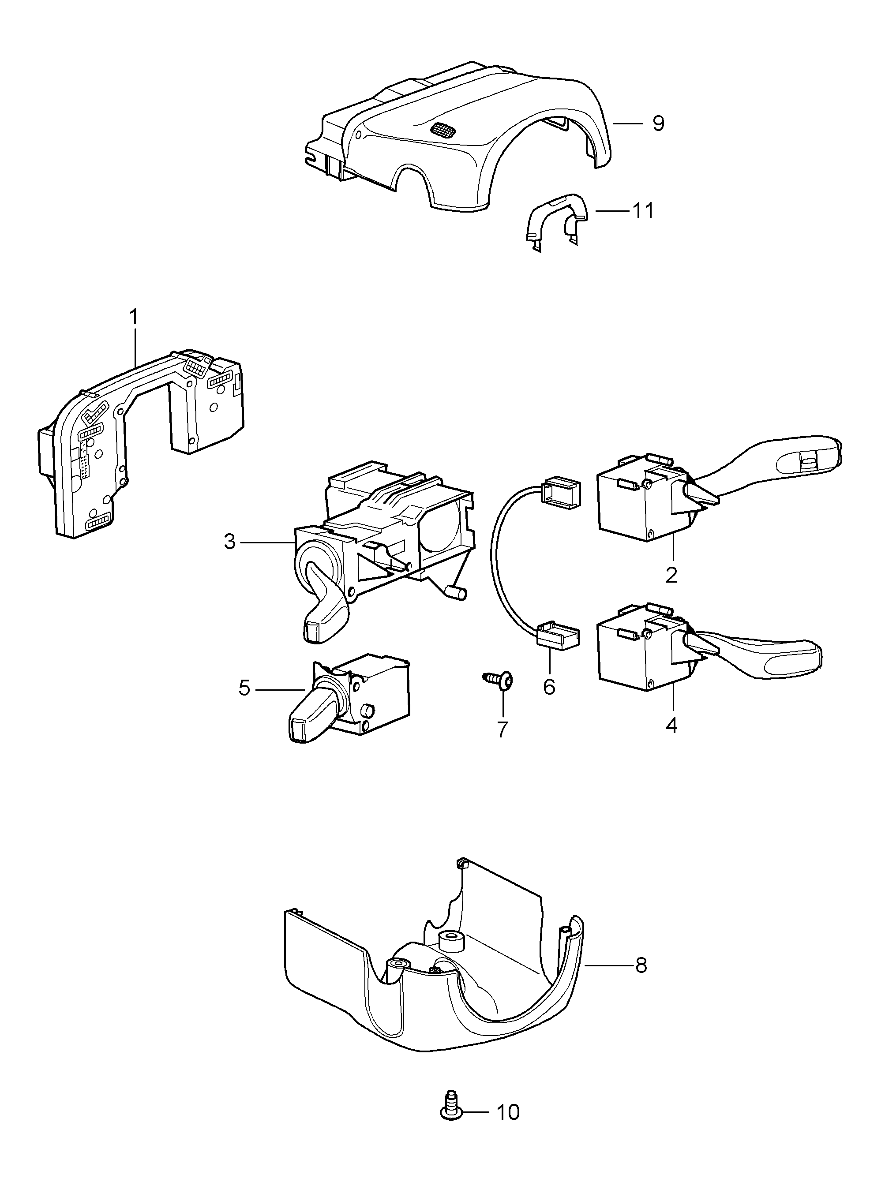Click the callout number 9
point(658,123)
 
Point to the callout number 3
point(229,542)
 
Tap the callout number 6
point(549,687)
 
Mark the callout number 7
point(502,729)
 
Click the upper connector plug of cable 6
point(561,490)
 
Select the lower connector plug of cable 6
point(557,635)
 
